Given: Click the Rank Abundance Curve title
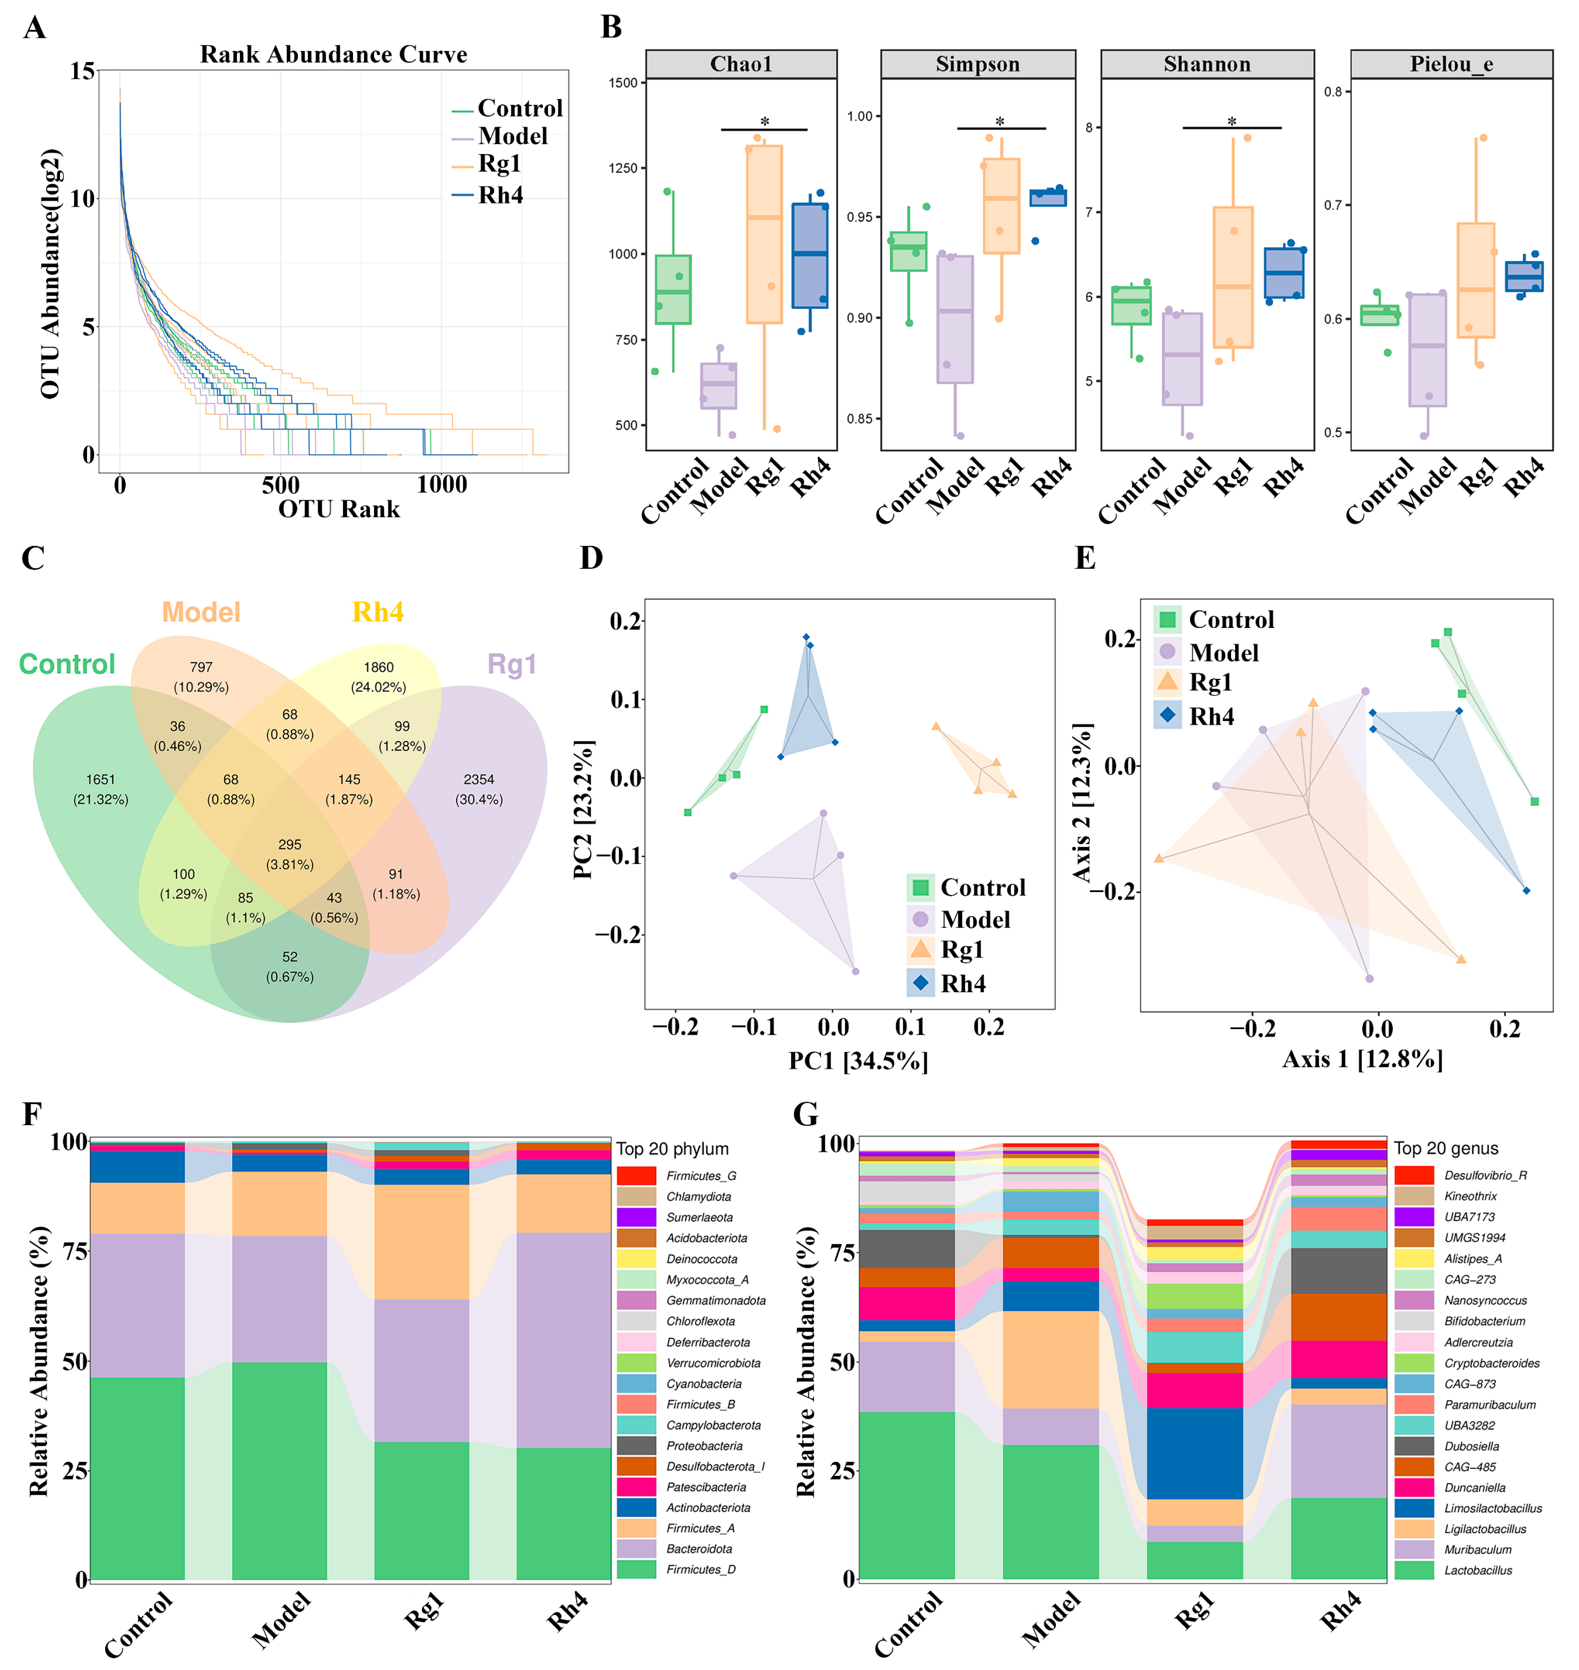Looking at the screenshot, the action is click(x=333, y=55).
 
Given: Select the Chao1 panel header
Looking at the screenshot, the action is click(x=740, y=64).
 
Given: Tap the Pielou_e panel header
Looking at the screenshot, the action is click(x=1451, y=64).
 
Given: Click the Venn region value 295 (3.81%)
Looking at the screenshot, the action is click(x=289, y=854).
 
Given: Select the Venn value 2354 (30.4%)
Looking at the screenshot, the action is click(x=479, y=789).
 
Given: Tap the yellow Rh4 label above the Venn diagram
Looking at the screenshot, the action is click(x=378, y=612).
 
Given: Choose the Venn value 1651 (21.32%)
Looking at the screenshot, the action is click(x=100, y=789).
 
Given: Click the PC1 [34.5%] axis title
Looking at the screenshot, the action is click(x=858, y=1061).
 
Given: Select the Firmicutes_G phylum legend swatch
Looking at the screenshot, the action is click(x=636, y=1175).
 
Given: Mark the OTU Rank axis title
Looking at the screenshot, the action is click(x=339, y=509).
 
